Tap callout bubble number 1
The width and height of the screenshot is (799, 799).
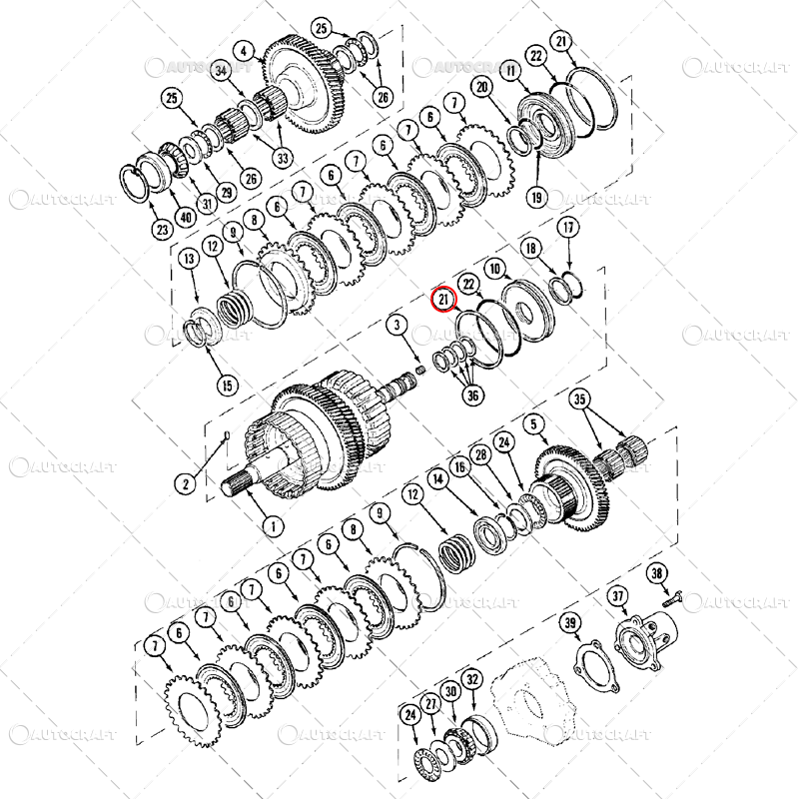click(x=271, y=524)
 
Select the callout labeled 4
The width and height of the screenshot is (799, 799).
click(x=244, y=50)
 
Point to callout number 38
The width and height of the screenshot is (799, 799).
click(x=656, y=572)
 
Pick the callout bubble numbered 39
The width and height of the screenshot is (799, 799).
click(x=570, y=624)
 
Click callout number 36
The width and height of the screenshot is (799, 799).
click(x=472, y=396)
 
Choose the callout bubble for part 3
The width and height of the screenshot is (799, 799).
click(x=397, y=325)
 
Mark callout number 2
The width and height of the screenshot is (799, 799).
click(x=185, y=483)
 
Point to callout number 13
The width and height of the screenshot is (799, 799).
click(x=189, y=261)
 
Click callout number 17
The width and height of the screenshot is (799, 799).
click(x=568, y=227)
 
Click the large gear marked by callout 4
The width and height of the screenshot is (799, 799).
click(x=300, y=85)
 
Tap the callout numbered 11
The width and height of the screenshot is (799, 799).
click(x=512, y=72)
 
